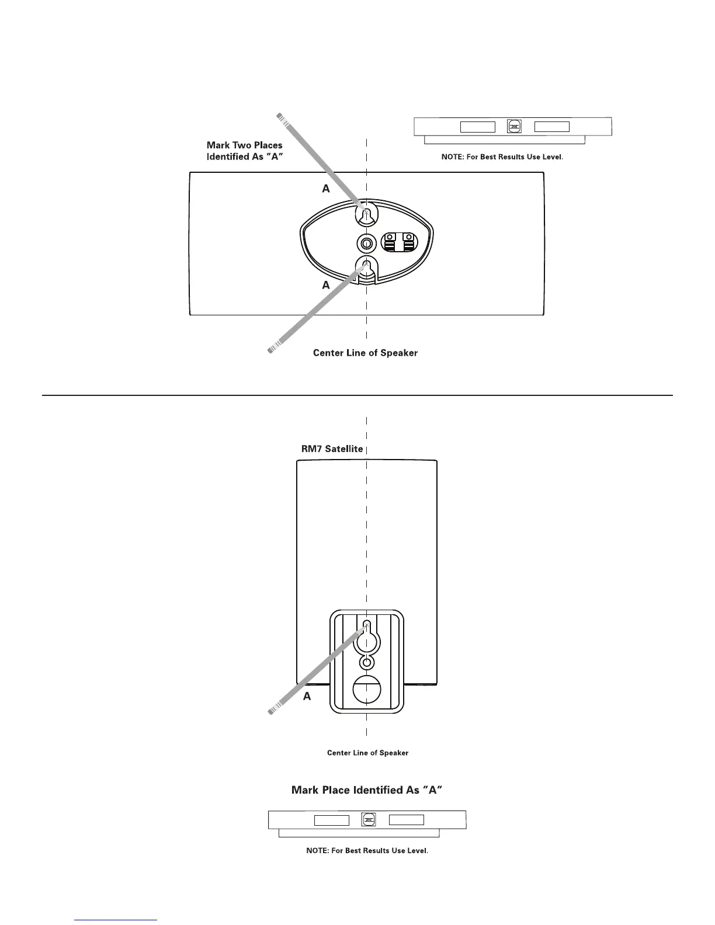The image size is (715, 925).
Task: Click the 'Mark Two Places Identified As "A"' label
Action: tap(245, 151)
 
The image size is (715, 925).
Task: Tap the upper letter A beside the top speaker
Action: tap(326, 189)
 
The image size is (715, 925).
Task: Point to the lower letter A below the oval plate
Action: tap(326, 286)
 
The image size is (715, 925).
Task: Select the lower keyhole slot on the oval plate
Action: tap(366, 269)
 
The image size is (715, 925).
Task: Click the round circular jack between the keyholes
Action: tap(366, 244)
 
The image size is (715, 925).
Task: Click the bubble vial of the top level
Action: tap(515, 127)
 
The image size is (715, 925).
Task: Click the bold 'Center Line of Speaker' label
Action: tap(365, 353)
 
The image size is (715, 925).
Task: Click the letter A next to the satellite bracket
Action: tap(307, 697)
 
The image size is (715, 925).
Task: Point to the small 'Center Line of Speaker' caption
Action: tap(367, 753)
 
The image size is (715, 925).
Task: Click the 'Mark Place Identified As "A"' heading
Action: tap(366, 790)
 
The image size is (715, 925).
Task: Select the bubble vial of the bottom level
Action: tap(369, 820)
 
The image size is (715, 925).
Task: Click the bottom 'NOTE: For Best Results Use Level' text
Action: tap(367, 850)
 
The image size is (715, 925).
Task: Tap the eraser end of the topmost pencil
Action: tap(280, 117)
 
